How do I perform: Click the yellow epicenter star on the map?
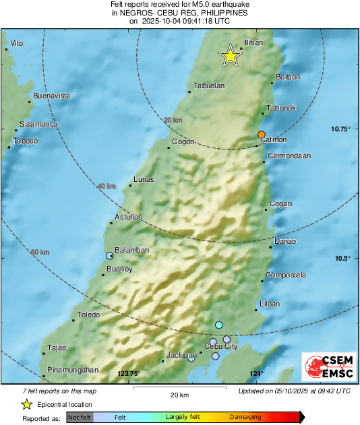click(231, 57)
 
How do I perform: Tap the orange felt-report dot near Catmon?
click(262, 134)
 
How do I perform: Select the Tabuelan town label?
click(208, 86)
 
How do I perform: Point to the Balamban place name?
click(131, 250)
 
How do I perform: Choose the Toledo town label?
click(88, 315)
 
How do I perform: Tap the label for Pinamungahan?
click(73, 370)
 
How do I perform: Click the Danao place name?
click(284, 241)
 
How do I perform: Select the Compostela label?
click(286, 275)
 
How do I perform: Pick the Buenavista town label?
click(52, 96)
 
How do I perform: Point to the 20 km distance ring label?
click(173, 120)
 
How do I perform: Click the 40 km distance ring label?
click(107, 186)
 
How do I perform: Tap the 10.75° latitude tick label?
click(341, 129)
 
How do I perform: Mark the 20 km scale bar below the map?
click(178, 389)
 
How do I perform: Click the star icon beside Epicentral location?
click(27, 404)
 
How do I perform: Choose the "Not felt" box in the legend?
click(80, 418)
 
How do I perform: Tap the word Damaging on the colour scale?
click(245, 418)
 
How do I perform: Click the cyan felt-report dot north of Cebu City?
click(218, 325)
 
